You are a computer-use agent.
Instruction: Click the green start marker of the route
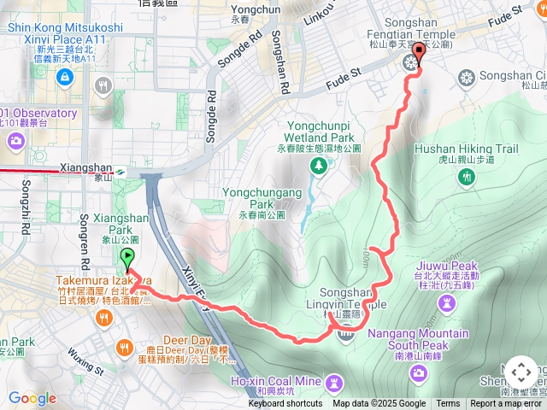127,257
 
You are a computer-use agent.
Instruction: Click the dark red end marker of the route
417,56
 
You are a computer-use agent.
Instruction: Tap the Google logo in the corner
32,398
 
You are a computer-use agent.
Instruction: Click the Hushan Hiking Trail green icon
467,177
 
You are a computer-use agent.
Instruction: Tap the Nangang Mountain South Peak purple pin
418,372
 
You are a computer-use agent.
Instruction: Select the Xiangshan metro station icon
121,171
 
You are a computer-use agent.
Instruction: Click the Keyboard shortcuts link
285,404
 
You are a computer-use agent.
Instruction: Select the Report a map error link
506,404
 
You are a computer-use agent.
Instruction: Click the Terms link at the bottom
448,404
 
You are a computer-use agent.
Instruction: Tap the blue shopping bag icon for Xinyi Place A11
65,77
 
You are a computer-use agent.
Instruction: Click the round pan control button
521,373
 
